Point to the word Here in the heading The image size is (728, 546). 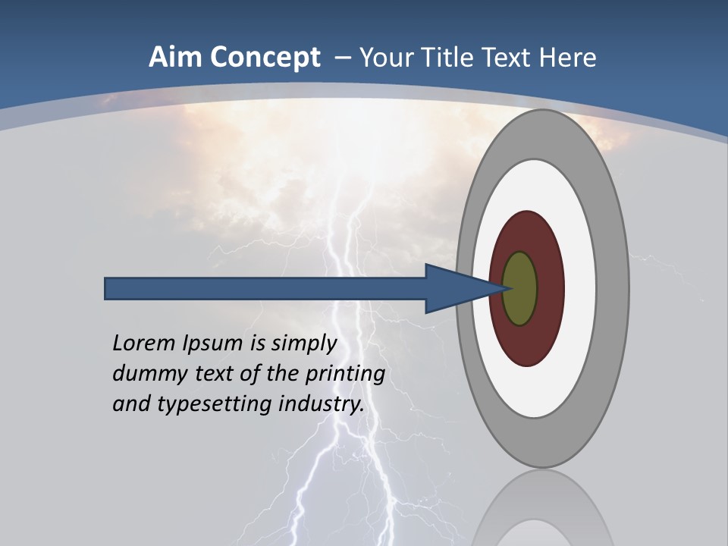(569, 58)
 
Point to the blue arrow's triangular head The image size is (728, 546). (455, 289)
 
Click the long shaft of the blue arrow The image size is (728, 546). (265, 289)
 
